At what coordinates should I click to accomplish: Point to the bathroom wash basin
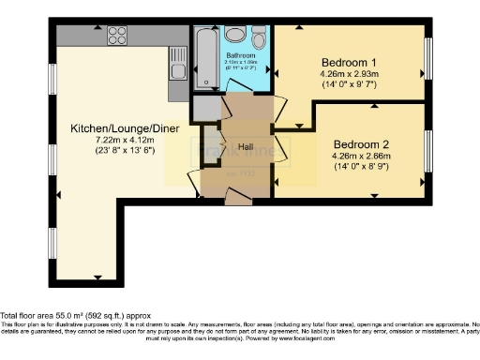click(x=234, y=36)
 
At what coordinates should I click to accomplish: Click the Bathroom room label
click(x=241, y=55)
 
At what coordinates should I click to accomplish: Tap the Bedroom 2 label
click(x=360, y=144)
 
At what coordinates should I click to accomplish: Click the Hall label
click(x=246, y=147)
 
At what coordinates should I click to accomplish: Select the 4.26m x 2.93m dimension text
click(x=347, y=71)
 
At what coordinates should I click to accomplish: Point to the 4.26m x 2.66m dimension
click(x=360, y=157)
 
